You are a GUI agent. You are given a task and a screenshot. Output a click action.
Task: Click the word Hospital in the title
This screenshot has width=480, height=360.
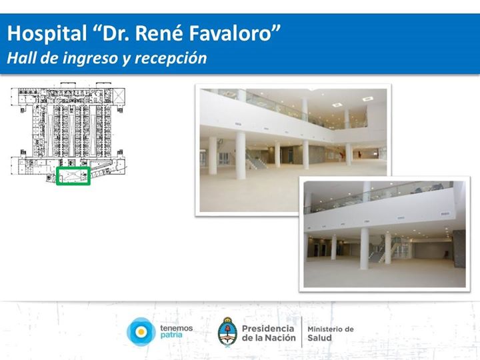pos(47,34)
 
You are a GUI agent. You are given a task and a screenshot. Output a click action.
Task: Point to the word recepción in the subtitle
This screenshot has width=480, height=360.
pos(171,58)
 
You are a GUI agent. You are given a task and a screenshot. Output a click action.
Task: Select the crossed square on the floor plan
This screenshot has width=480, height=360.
pos(119,95)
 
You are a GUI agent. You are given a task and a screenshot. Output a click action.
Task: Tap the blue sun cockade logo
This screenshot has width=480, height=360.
pos(141,332)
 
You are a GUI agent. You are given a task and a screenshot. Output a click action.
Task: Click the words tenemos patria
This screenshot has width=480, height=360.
pos(176,331)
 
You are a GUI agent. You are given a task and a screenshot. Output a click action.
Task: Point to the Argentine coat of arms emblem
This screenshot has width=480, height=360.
pos(227,332)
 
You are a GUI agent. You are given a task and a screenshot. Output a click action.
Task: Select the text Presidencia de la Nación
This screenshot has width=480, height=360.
pos(269,333)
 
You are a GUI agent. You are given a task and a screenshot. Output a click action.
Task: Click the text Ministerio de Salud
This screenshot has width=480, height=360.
pos(330,333)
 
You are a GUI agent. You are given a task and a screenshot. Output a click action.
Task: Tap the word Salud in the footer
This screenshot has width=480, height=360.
pos(319,337)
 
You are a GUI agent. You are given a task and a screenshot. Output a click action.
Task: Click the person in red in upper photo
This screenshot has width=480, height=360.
pos(341,154)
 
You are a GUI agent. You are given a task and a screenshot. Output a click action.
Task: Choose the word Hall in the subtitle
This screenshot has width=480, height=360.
pos(21,57)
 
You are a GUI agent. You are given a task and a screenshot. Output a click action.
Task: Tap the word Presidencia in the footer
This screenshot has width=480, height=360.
pos(268,329)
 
